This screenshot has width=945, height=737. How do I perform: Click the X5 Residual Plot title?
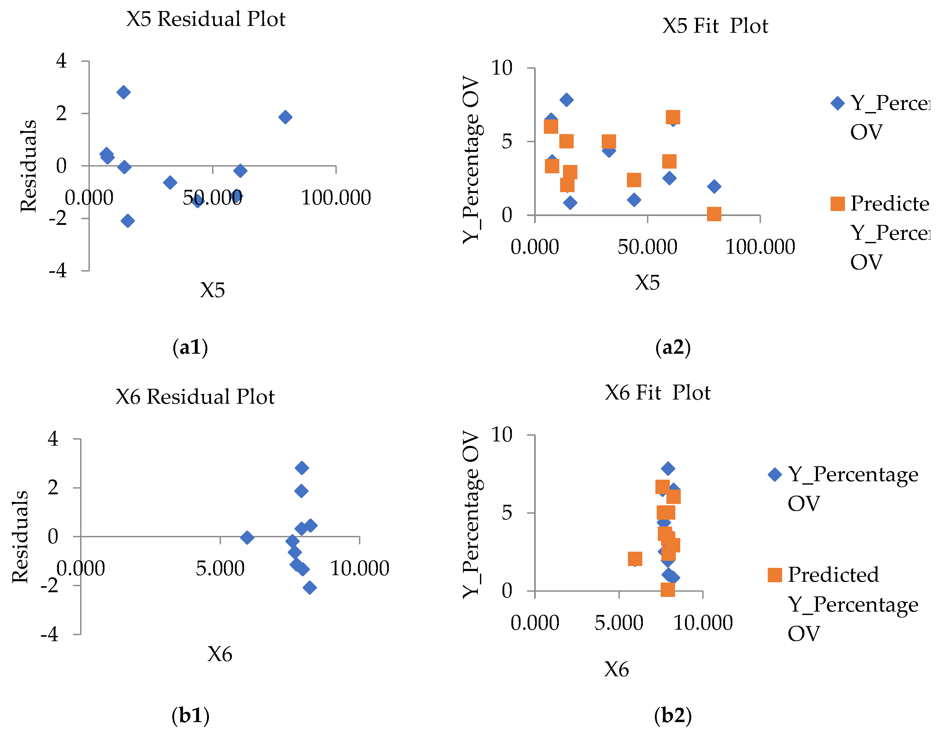click(206, 19)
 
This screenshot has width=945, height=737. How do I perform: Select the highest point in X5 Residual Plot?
click(123, 92)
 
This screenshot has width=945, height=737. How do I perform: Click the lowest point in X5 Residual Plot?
click(127, 221)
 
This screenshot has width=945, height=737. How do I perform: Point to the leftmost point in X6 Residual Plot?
click(247, 537)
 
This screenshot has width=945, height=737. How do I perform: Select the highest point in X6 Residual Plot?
click(302, 468)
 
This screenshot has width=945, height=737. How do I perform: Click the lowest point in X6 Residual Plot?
click(310, 587)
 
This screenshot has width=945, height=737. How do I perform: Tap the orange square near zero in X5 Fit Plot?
click(714, 214)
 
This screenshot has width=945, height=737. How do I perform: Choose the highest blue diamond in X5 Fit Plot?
click(566, 100)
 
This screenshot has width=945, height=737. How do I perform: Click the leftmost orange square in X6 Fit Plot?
click(635, 559)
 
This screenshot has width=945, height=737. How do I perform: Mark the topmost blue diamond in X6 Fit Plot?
click(668, 468)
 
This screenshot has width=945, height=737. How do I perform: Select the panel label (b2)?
click(673, 716)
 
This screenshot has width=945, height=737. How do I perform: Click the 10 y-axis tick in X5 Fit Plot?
click(501, 68)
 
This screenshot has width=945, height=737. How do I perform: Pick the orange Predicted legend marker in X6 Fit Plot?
click(775, 575)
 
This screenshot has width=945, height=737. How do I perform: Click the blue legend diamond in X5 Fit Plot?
click(837, 103)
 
